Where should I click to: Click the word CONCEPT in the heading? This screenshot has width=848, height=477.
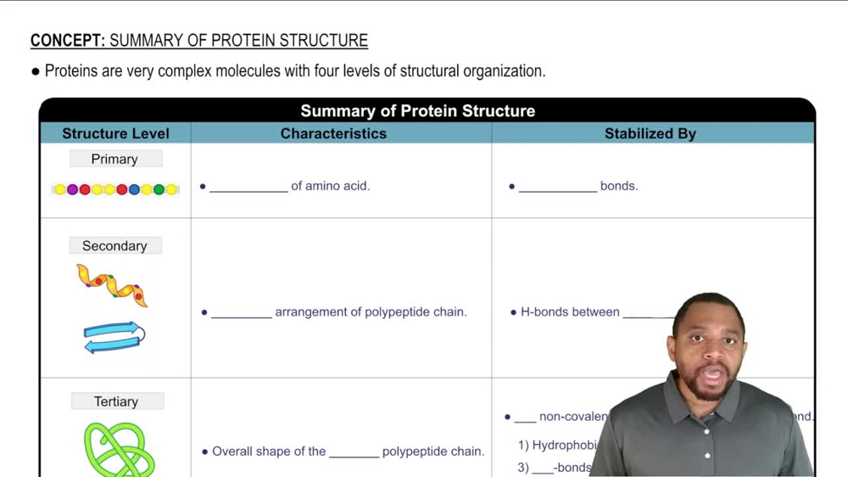click(67, 41)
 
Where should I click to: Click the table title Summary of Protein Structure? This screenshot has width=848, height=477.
click(417, 111)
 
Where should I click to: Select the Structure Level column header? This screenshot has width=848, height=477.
click(115, 133)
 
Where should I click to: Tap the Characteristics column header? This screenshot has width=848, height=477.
click(333, 133)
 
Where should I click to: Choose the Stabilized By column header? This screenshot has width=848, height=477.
click(650, 133)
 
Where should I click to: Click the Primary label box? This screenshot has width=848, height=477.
click(114, 160)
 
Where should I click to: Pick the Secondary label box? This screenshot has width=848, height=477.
click(114, 246)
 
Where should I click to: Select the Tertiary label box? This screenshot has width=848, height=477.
click(116, 401)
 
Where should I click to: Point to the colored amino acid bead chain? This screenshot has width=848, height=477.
click(115, 189)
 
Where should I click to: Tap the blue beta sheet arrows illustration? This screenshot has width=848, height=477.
click(114, 337)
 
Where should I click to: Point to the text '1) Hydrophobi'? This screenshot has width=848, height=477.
click(557, 446)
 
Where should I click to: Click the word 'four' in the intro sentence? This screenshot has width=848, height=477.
click(327, 71)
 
